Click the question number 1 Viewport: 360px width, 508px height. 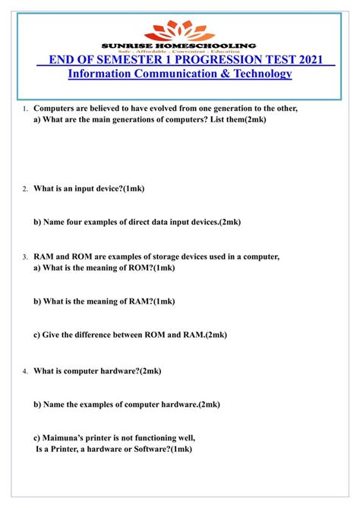(24, 109)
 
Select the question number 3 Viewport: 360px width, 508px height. (24, 257)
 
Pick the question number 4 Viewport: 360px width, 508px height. (24, 371)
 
